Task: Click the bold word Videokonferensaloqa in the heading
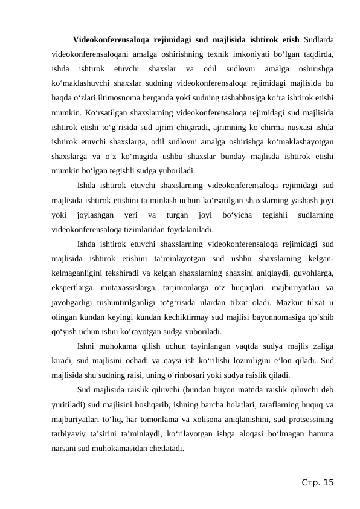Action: pos(111,40)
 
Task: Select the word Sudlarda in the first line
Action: pos(319,40)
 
